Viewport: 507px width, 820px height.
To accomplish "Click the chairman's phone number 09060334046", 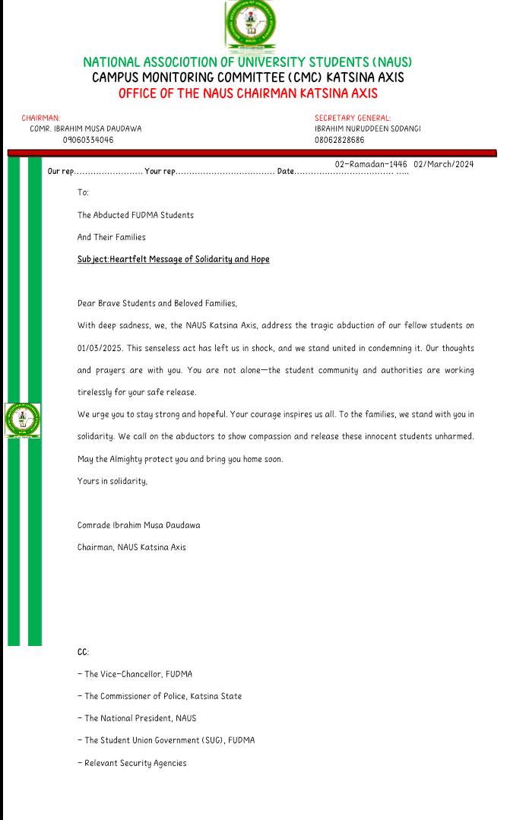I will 89,140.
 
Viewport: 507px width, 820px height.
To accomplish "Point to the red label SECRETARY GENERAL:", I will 353,118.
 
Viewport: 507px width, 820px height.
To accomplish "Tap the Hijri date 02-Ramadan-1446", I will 371,164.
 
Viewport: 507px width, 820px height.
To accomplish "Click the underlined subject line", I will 173,259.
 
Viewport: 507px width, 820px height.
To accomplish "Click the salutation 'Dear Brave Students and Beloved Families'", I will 157,303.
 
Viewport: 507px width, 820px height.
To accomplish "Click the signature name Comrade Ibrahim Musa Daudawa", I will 139,525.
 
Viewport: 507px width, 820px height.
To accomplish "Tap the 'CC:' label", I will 83,652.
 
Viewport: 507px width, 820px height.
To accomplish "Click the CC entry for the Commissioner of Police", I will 160,696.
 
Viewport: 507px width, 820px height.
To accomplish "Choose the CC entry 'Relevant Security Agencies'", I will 132,762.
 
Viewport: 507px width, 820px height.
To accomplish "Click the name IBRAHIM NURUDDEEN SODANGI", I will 367,128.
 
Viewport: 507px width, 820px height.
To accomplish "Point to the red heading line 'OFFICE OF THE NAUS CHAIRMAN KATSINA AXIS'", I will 248,93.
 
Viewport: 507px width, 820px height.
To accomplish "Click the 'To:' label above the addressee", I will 83,193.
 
